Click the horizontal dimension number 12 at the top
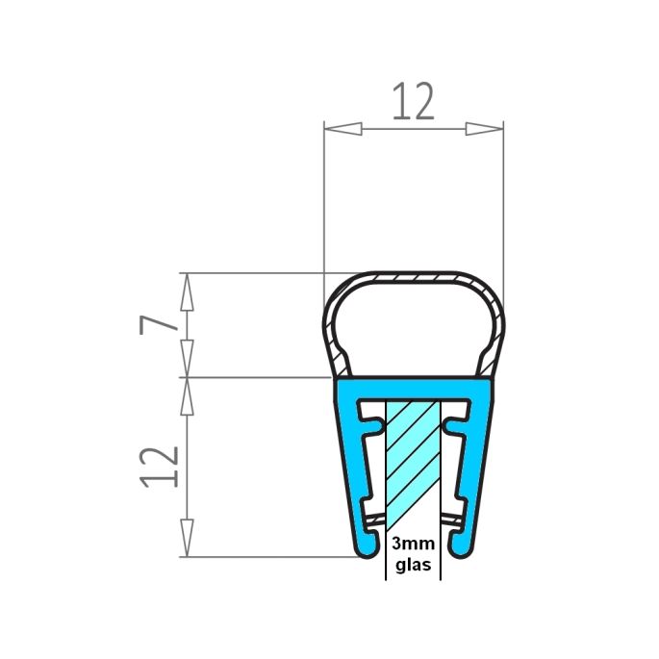[413, 102]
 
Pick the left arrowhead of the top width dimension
[342, 128]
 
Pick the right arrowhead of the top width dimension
[484, 128]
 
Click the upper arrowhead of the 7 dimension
[188, 290]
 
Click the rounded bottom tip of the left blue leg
[366, 548]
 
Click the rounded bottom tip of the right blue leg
[460, 548]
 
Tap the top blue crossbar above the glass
[413, 388]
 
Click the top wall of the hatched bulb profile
[413, 277]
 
